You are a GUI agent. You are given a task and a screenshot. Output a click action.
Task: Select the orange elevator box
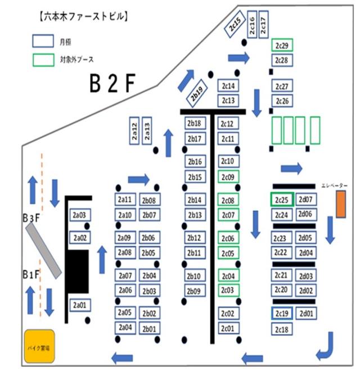(x=341, y=204)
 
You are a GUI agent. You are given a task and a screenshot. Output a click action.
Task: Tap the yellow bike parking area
(x=39, y=345)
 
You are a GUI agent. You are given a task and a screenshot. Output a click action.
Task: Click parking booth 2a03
(x=79, y=215)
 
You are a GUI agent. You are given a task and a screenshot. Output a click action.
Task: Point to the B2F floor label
(x=113, y=84)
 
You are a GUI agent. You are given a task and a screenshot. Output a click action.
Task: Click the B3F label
(x=30, y=217)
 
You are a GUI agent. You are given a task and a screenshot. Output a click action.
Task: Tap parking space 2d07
(x=307, y=200)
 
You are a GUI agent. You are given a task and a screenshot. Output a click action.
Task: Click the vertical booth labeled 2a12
(x=134, y=131)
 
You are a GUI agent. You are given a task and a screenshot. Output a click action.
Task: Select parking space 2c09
(x=228, y=178)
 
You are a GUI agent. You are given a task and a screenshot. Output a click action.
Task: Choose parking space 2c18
(x=282, y=330)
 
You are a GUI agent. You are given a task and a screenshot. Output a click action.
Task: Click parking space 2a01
(x=79, y=305)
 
